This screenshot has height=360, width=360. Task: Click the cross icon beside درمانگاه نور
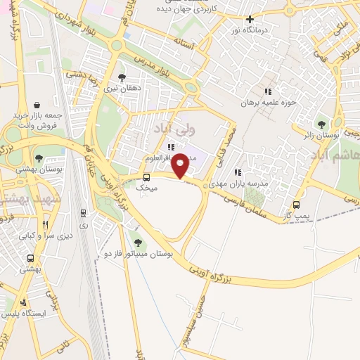click(250, 19)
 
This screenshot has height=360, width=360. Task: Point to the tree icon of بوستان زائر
click(323, 124)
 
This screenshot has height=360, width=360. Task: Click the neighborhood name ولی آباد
click(169, 130)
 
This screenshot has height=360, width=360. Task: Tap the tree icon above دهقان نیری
click(122, 77)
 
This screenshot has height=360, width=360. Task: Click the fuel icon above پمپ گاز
click(296, 205)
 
